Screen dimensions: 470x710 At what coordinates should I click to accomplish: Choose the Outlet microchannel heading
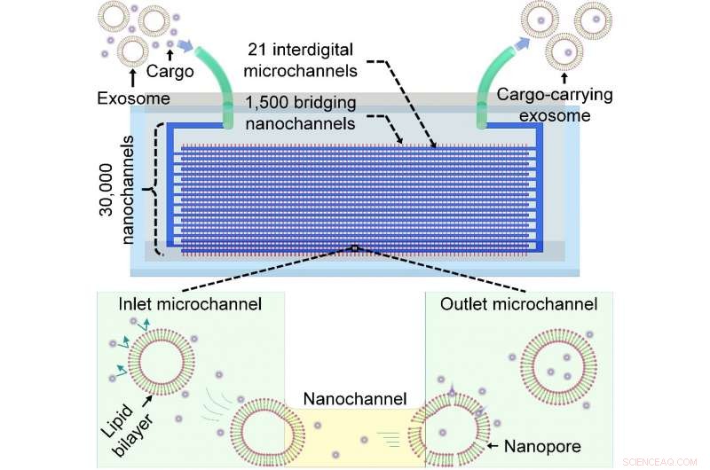(x=518, y=304)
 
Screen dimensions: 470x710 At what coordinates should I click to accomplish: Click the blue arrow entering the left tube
(x=186, y=46)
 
